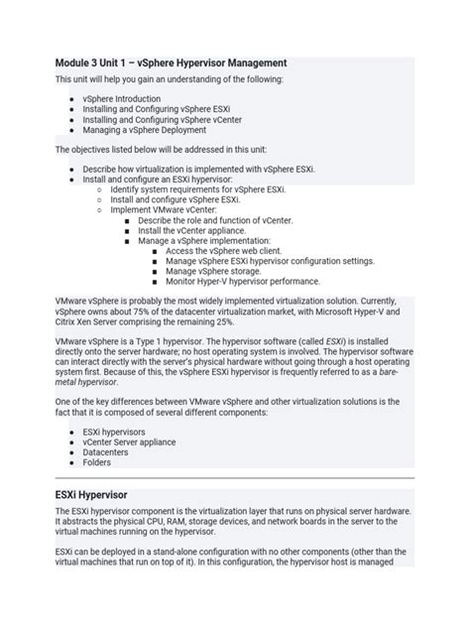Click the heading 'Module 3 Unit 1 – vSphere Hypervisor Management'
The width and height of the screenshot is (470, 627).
tap(171, 63)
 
